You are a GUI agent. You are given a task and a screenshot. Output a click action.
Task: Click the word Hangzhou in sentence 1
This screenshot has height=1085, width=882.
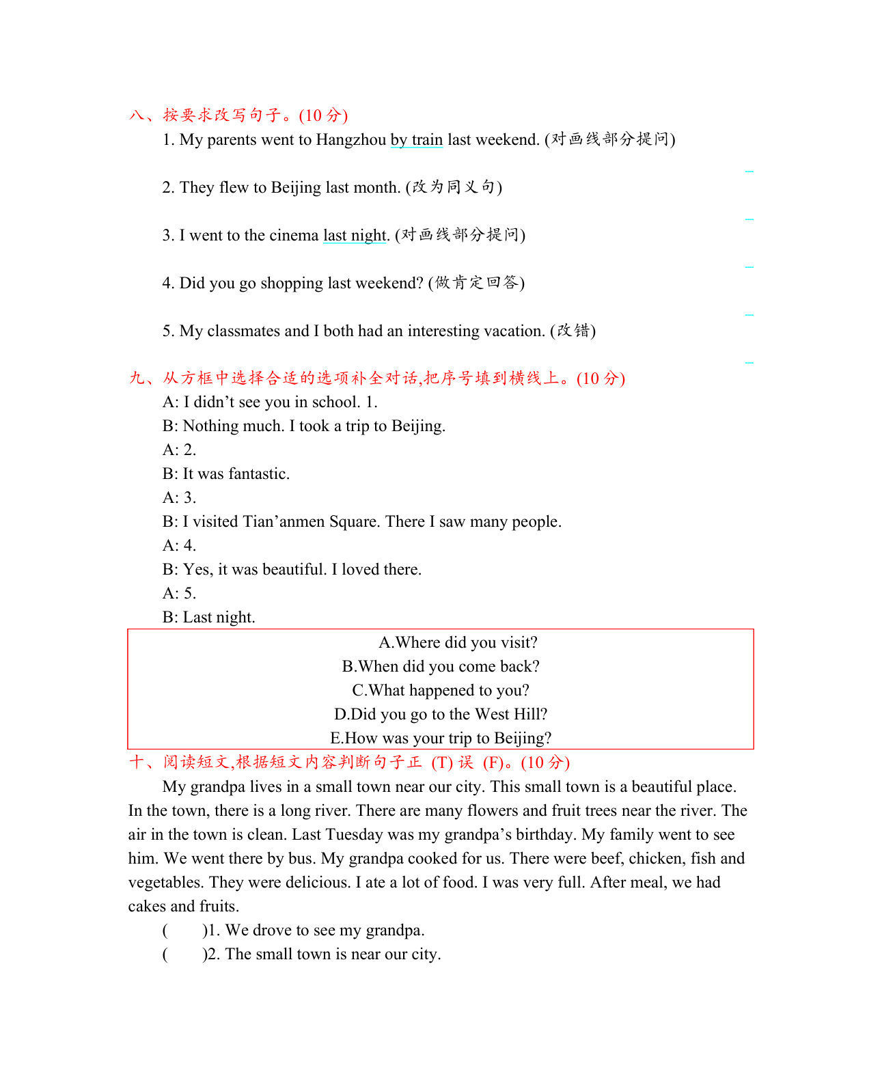click(351, 140)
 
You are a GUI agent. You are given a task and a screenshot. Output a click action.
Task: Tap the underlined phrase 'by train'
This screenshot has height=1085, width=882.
click(417, 140)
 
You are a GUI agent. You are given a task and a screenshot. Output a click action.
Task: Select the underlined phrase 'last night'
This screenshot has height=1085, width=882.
click(355, 236)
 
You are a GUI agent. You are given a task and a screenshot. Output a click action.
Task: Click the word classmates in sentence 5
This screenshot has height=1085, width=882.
click(243, 331)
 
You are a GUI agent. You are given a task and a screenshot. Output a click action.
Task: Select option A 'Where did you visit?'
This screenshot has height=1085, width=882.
click(458, 643)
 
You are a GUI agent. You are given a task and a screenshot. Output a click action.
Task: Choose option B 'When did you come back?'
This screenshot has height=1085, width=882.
click(441, 667)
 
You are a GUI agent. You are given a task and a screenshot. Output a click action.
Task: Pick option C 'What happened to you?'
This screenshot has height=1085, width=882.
click(441, 691)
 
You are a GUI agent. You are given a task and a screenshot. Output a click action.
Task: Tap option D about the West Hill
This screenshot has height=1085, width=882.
click(441, 715)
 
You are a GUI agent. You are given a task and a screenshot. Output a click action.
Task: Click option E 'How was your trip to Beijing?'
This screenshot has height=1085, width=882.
click(441, 739)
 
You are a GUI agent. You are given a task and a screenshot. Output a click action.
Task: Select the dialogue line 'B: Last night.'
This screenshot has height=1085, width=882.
click(209, 618)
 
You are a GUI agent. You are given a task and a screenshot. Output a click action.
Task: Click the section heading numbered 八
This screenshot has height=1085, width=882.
click(238, 115)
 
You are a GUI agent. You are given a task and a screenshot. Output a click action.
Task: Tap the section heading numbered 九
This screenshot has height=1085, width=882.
click(376, 379)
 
